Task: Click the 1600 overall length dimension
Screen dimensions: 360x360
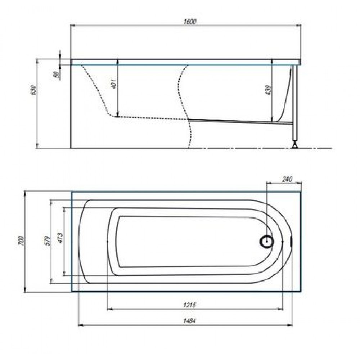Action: [190, 22]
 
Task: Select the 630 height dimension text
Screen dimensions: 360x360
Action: [33, 90]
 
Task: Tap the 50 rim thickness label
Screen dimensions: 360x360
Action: [56, 75]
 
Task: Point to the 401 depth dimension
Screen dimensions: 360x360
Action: [114, 84]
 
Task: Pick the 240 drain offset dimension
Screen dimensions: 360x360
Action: [287, 179]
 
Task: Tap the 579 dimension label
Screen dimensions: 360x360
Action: [47, 240]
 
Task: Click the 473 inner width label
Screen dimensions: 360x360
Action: [60, 238]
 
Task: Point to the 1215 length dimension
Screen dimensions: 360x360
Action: [190, 305]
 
